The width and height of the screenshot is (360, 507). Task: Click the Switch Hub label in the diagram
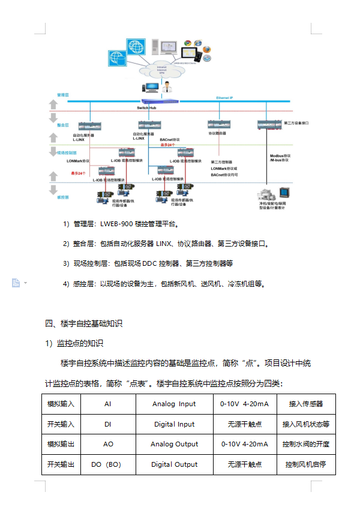[147, 107]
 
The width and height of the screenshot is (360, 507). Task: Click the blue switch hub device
[157, 101]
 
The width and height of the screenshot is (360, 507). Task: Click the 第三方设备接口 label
[295, 122]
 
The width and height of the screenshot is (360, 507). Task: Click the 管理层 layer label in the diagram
[63, 95]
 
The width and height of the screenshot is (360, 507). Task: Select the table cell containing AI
[107, 404]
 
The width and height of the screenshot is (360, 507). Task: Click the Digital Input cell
[174, 424]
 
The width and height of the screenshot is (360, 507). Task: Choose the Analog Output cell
[174, 445]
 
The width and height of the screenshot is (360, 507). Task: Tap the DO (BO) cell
[107, 464]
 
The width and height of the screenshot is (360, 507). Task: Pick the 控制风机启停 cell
[306, 464]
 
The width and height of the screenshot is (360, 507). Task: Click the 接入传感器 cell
[306, 404]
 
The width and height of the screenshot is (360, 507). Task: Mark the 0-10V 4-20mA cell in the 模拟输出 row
[244, 445]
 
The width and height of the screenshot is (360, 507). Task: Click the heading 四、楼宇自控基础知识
[84, 323]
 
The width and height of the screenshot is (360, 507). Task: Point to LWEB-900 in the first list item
[114, 224]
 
